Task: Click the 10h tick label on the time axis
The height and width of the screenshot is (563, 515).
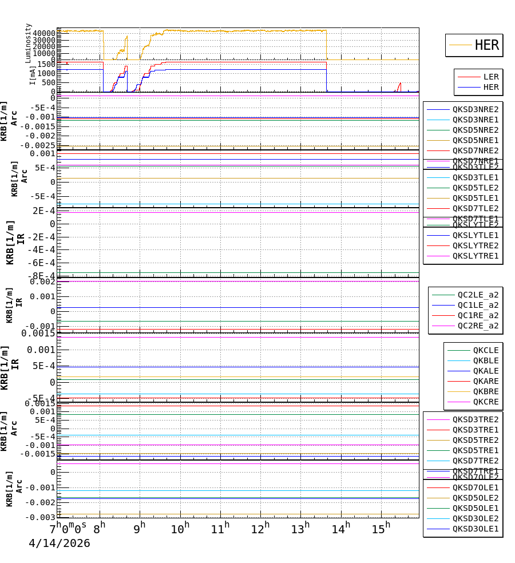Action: (180, 529)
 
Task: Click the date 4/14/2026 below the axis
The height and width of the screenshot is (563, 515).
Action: (60, 544)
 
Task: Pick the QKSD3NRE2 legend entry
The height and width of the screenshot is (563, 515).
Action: (476, 109)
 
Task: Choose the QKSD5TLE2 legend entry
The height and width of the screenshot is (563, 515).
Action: (476, 188)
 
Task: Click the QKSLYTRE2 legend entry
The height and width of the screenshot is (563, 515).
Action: (476, 245)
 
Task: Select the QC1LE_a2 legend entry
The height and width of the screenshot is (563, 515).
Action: (478, 305)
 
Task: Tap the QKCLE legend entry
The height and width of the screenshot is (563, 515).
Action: (486, 350)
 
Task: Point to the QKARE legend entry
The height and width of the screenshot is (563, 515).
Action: (486, 381)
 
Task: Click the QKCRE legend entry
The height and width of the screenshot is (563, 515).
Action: (486, 402)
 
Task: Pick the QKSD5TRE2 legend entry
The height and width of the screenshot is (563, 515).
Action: (476, 440)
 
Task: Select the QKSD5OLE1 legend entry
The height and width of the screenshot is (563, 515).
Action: (476, 508)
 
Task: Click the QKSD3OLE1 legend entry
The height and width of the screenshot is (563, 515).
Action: (476, 529)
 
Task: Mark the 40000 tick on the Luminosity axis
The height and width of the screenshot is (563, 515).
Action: (44, 33)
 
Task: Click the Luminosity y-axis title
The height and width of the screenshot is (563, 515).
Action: (28, 43)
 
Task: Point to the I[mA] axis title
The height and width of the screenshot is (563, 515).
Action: (33, 75)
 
